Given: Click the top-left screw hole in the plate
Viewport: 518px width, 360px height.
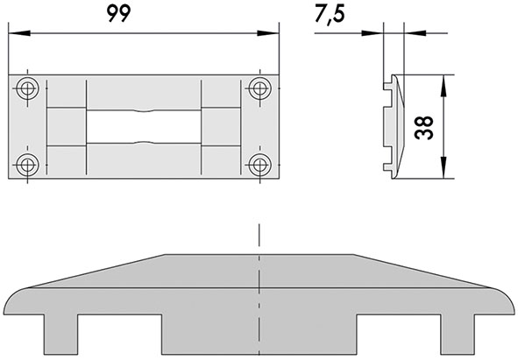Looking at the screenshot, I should point(28,88).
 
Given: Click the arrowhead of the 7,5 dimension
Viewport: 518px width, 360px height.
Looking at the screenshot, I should point(379,34).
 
